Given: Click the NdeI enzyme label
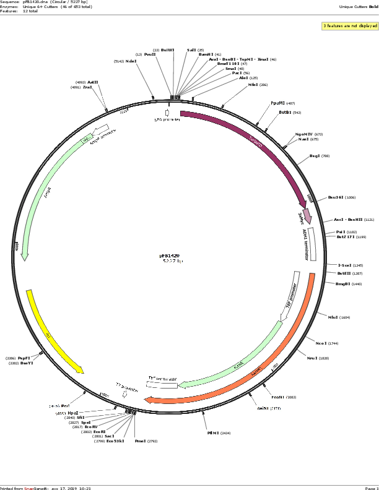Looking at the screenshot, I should pyautogui.click(x=131, y=61).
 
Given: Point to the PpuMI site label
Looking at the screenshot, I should pyautogui.click(x=278, y=103).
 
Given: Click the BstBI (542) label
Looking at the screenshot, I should pyautogui.click(x=285, y=113).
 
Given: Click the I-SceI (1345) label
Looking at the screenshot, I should pyautogui.click(x=346, y=265).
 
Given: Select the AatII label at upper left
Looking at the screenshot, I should pyautogui.click(x=93, y=82).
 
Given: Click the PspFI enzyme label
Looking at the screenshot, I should pyautogui.click(x=24, y=358).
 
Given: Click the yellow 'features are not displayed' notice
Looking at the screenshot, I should pyautogui.click(x=349, y=26).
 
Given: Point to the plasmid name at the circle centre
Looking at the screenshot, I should pyautogui.click(x=169, y=255).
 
